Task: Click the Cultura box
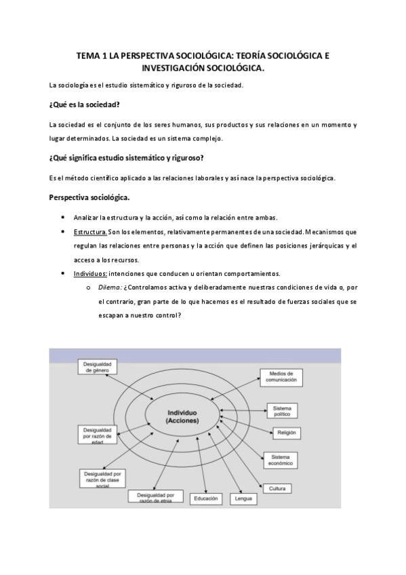click(276, 488)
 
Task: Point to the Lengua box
click(242, 499)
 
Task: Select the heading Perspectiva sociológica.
click(90, 197)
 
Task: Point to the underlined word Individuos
click(90, 274)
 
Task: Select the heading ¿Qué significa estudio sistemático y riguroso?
click(126, 159)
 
